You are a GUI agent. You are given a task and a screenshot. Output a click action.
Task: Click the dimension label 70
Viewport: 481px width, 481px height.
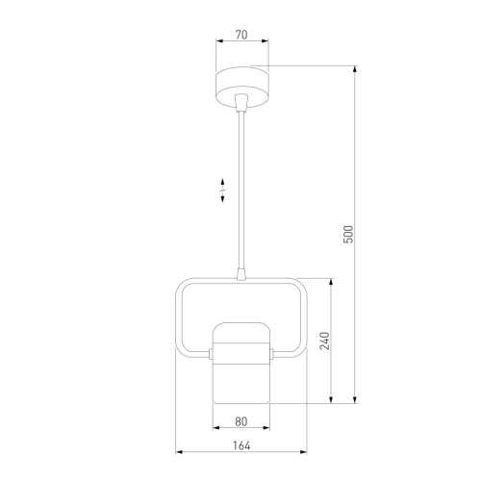pyautogui.click(x=241, y=35)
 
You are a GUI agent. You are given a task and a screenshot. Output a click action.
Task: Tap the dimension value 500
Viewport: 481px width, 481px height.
pyautogui.click(x=348, y=235)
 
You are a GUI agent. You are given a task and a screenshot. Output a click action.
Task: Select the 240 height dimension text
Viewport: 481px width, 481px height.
pyautogui.click(x=325, y=341)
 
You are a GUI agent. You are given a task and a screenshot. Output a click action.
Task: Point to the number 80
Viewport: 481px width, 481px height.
pyautogui.click(x=241, y=421)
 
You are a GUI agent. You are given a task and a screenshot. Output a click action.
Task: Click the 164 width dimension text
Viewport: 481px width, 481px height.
pyautogui.click(x=241, y=445)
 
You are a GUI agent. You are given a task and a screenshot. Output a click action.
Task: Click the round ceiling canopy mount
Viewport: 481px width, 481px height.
pyautogui.click(x=241, y=88)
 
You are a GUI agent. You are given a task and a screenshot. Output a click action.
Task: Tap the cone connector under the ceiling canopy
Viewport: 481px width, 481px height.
pyautogui.click(x=241, y=102)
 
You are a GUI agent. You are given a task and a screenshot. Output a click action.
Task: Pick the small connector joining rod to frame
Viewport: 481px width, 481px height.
pyautogui.click(x=241, y=274)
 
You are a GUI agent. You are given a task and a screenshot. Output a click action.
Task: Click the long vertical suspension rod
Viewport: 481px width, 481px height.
pyautogui.click(x=241, y=190)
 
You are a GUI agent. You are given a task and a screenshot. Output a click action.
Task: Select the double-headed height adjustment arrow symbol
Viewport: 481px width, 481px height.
pyautogui.click(x=222, y=190)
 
